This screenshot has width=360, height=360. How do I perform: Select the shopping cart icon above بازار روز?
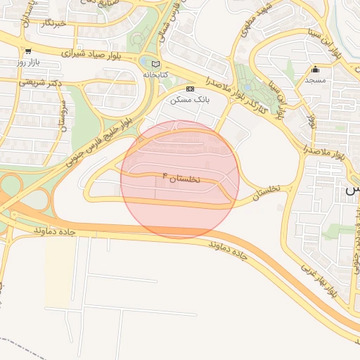pyautogui.click(x=27, y=51)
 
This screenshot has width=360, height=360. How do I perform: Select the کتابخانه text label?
pyautogui.click(x=156, y=74)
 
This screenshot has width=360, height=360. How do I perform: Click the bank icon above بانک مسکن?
pyautogui.click(x=189, y=89)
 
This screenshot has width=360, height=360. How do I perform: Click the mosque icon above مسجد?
pyautogui.click(x=316, y=70)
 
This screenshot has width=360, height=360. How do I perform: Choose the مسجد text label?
pyautogui.click(x=316, y=81)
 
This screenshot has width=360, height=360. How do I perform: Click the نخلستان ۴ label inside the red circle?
pyautogui.click(x=181, y=177)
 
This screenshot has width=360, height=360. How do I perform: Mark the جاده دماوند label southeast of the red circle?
pyautogui.click(x=229, y=249)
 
